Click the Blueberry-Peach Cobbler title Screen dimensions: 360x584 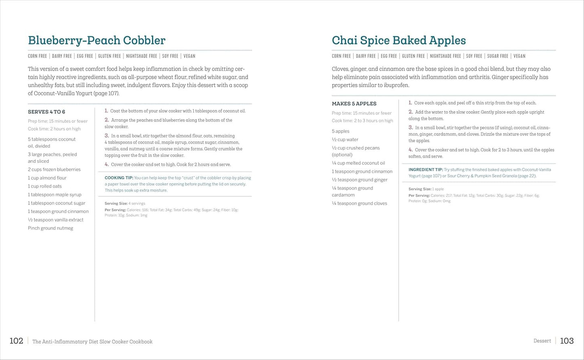pos(97,40)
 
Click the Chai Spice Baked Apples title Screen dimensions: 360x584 pos(398,40)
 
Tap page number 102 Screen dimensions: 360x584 pos(16,341)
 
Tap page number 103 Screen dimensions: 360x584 pos(567,341)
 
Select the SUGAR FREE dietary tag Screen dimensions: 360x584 pos(498,56)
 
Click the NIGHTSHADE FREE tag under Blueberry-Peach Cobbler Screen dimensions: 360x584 pos(141,56)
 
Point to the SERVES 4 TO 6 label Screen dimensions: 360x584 pos(46,112)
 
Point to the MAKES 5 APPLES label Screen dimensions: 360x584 pos(354,104)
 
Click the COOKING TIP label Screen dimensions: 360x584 pos(119,178)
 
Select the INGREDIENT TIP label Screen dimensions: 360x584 pos(426,170)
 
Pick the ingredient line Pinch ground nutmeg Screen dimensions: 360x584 pos(51,228)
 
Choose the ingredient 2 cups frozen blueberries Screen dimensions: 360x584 pos(54,170)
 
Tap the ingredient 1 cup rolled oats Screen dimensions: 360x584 pos(45,186)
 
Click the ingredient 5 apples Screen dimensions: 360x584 pos(341,131)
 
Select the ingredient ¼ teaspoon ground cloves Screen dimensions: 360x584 pos(359,204)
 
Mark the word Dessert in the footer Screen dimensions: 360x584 pos(542,341)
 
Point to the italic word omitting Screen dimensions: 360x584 pos(223,69)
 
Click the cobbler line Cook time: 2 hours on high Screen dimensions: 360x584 pos(54,129)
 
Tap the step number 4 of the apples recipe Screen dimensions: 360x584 pos(410,150)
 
